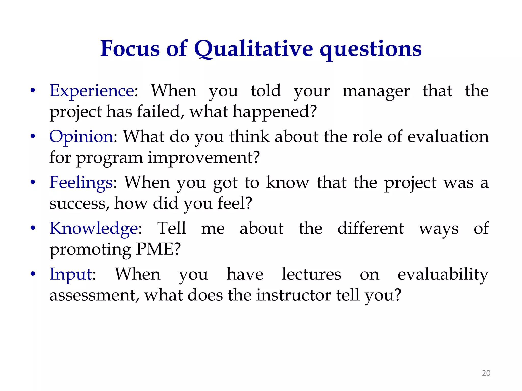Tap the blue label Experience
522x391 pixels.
coord(92,91)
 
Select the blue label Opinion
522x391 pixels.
coord(81,137)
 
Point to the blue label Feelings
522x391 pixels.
coord(81,183)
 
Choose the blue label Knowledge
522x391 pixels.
coord(94,228)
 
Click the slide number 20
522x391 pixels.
coord(486,373)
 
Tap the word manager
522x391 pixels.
coord(376,91)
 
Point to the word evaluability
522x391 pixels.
coord(443,274)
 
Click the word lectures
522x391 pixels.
coord(311,274)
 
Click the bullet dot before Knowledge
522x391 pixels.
coord(33,228)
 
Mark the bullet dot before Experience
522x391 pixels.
coord(33,91)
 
